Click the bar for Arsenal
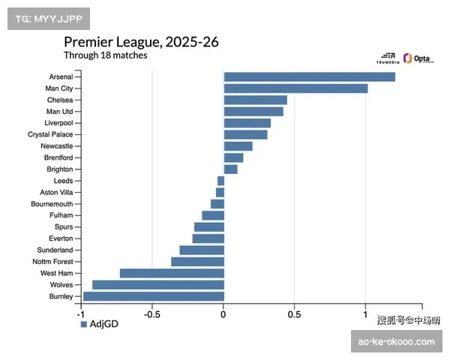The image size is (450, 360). click(x=309, y=77)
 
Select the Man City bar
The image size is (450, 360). click(x=295, y=88)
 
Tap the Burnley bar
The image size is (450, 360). click(x=153, y=296)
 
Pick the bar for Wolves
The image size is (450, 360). click(x=157, y=285)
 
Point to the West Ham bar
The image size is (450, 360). click(x=172, y=273)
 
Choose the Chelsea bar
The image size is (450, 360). click(x=255, y=100)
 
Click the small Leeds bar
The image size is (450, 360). click(x=220, y=181)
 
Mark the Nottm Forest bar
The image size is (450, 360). click(x=197, y=262)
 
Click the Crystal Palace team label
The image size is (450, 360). click(x=50, y=134)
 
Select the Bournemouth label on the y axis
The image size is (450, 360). click(x=52, y=204)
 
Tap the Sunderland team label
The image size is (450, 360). click(x=55, y=250)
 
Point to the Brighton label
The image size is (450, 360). click(x=59, y=169)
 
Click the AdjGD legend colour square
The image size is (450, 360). click(x=84, y=325)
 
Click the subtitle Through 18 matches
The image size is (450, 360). click(x=105, y=55)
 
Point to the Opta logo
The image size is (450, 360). click(x=418, y=58)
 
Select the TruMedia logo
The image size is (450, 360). click(x=388, y=58)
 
